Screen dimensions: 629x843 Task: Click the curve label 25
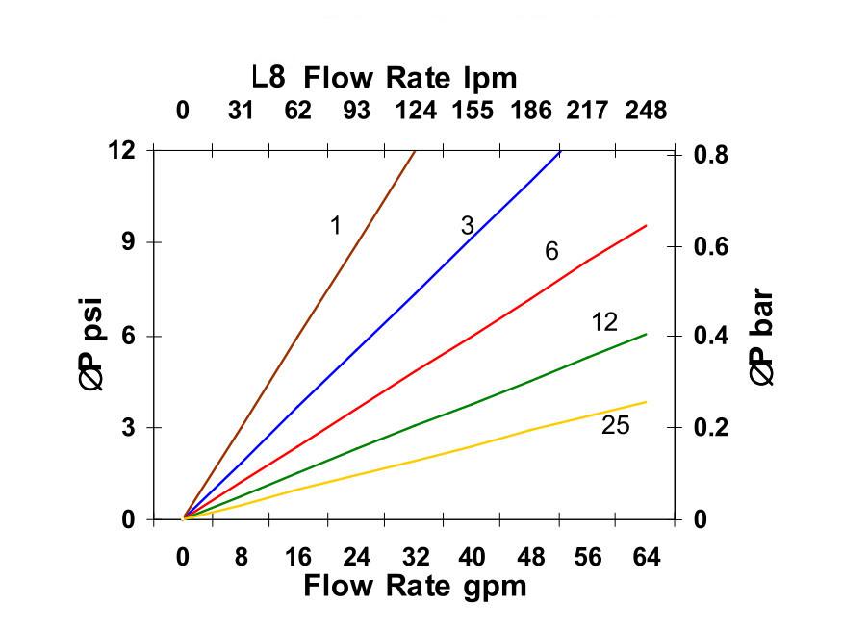(615, 425)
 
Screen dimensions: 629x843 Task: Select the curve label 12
(604, 322)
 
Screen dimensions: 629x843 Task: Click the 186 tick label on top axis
(531, 110)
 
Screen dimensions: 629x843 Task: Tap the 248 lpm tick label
(646, 110)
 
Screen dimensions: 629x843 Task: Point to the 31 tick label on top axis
(241, 110)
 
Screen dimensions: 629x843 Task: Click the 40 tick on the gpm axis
(472, 557)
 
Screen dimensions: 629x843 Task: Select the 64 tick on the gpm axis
(646, 557)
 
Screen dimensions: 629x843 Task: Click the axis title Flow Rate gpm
(416, 586)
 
